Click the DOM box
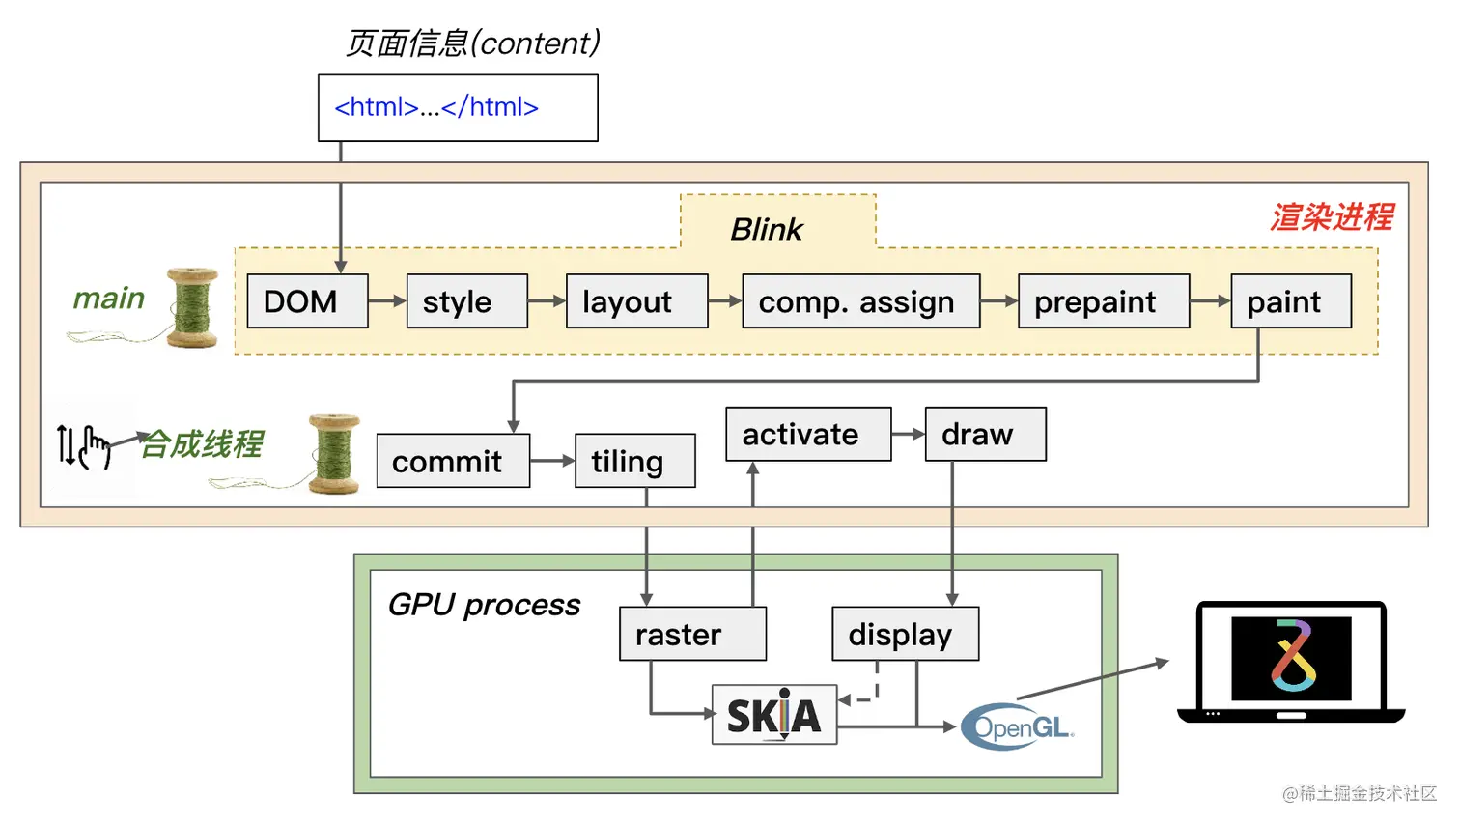308,301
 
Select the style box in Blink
467,301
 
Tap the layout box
636,301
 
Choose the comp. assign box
861,301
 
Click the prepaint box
1104,301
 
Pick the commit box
453,461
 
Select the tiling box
634,461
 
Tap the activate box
808,434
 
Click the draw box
986,434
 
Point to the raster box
693,634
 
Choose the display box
906,634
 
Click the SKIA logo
774,715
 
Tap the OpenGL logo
1018,726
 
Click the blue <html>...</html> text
436,107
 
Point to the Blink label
767,229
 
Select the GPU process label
484,605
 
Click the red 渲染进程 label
1332,216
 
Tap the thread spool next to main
191,307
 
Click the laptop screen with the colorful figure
1291,659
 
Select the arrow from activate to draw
909,434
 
